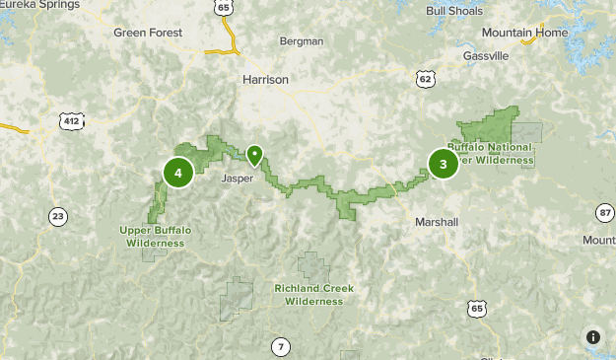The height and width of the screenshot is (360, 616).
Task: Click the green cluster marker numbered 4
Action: (x=177, y=173)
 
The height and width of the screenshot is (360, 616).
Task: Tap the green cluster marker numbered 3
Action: (x=443, y=164)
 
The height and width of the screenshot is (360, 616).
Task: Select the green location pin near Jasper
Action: (x=254, y=155)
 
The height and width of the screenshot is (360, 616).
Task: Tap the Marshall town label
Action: (x=437, y=222)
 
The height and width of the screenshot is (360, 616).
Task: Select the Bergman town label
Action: (x=302, y=41)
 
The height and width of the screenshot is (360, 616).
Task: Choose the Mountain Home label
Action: (x=525, y=33)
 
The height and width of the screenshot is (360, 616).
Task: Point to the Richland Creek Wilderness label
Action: (x=313, y=295)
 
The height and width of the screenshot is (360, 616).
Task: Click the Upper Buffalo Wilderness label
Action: (x=156, y=236)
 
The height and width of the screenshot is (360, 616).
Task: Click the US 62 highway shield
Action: (x=425, y=78)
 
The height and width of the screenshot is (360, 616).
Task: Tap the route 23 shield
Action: (x=58, y=216)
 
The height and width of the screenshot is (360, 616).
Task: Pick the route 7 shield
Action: (x=282, y=346)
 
